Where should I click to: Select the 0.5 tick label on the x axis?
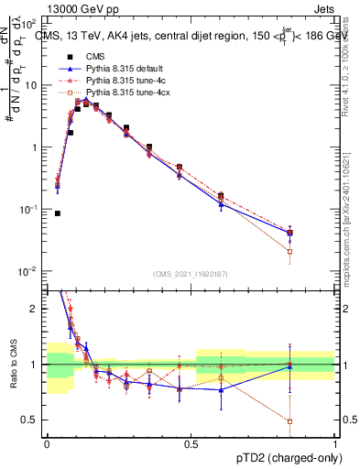[x=191, y=443]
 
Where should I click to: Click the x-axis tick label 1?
[x=335, y=443]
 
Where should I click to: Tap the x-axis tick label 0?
[x=48, y=443]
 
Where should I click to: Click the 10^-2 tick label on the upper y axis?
[x=28, y=272]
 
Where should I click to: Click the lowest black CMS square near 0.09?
[x=58, y=213]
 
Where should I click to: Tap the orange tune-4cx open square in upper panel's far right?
[x=290, y=251]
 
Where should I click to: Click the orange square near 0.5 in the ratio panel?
[x=290, y=421]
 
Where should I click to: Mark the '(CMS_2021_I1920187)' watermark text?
[x=191, y=273]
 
